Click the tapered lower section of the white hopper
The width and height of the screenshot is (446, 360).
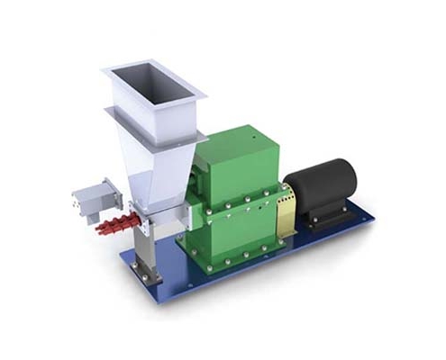(x=162, y=166)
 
